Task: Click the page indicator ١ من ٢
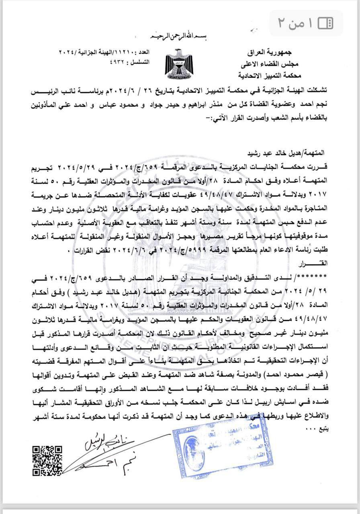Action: (295, 23)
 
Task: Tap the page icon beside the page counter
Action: (325, 23)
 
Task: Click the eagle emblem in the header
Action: (178, 63)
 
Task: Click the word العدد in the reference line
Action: (141, 52)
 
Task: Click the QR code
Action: (47, 460)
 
